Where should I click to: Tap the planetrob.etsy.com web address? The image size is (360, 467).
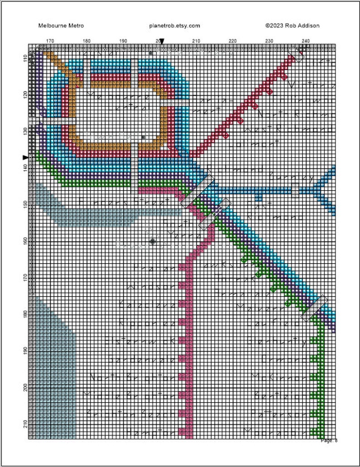pyautogui.click(x=175, y=26)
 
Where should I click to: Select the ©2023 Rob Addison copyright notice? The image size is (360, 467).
pyautogui.click(x=292, y=26)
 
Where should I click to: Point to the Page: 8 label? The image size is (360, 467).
pyautogui.click(x=329, y=440)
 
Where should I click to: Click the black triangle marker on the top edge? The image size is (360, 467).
pyautogui.click(x=162, y=42)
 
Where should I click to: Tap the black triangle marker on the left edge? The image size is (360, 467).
pyautogui.click(x=25, y=157)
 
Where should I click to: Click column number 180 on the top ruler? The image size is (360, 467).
pyautogui.click(x=86, y=41)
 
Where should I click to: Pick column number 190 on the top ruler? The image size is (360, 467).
pyautogui.click(x=123, y=41)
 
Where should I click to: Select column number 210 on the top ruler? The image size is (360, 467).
pyautogui.click(x=196, y=41)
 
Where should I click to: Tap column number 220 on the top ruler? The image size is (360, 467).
pyautogui.click(x=233, y=41)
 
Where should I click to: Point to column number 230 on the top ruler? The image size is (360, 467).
pyautogui.click(x=269, y=41)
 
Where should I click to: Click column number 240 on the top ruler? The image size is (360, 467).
pyautogui.click(x=306, y=41)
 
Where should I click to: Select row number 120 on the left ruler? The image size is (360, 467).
pyautogui.click(x=24, y=94)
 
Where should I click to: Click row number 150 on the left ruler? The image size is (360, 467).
pyautogui.click(x=24, y=203)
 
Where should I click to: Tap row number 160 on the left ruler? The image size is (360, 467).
pyautogui.click(x=24, y=240)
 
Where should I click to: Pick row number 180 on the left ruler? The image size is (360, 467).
pyautogui.click(x=24, y=313)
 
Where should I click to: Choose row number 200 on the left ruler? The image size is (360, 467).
pyautogui.click(x=24, y=386)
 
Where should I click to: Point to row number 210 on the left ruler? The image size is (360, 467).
pyautogui.click(x=24, y=423)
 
